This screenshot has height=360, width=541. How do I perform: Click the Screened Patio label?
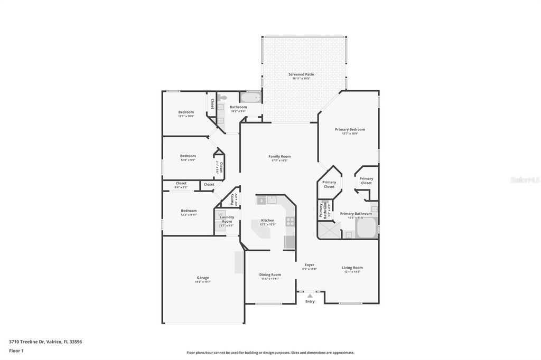click(301, 74)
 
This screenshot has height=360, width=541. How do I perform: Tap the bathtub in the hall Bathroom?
click(250, 98)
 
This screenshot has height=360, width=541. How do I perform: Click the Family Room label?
click(279, 156)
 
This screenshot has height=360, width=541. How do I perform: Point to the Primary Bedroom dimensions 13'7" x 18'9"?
click(350, 134)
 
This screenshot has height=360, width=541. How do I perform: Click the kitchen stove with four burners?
click(290, 222)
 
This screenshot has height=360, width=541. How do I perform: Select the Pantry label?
click(231, 198)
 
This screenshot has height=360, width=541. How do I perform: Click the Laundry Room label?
click(227, 219)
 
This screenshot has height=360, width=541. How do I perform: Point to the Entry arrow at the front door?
click(310, 296)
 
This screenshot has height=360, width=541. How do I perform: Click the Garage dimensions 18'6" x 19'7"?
click(203, 282)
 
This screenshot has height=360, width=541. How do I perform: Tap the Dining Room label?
click(270, 274)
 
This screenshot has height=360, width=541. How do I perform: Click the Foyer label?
click(309, 265)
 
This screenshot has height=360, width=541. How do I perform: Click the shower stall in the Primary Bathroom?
click(329, 230)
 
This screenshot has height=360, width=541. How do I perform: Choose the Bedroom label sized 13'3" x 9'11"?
click(189, 211)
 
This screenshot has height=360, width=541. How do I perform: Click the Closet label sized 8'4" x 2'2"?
click(181, 183)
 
